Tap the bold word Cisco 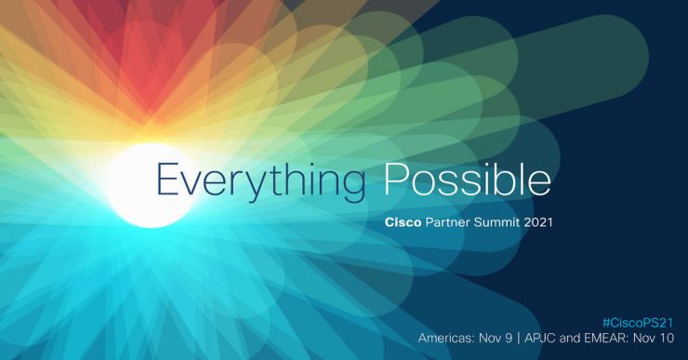tap(403, 224)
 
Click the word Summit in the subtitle tap(506, 224)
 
